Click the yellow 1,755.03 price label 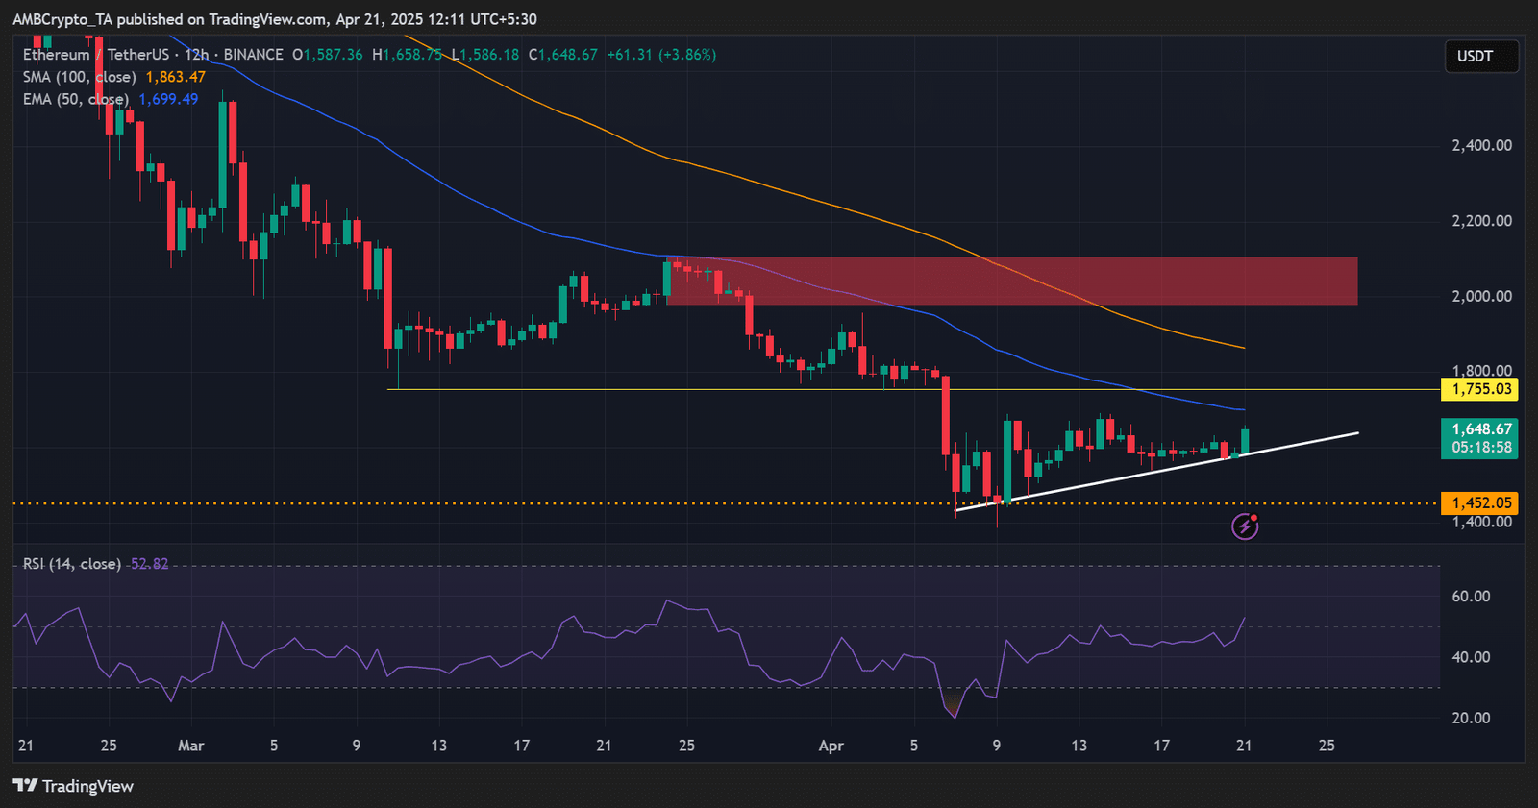(x=1480, y=389)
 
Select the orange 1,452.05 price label (x=1480, y=502)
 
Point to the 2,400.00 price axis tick (x=1481, y=146)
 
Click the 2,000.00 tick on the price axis (x=1481, y=296)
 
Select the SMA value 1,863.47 (x=176, y=77)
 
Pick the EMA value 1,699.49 (x=168, y=99)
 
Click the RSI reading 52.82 (x=149, y=564)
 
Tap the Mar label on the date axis (x=191, y=746)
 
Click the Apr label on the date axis (x=831, y=746)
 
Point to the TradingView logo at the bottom (x=74, y=786)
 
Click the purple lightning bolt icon (x=1245, y=526)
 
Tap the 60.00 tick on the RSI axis (x=1471, y=597)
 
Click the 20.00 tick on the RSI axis (x=1471, y=718)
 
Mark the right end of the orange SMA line (x=1244, y=348)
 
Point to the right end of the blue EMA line (x=1244, y=410)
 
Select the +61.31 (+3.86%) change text (x=661, y=55)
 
